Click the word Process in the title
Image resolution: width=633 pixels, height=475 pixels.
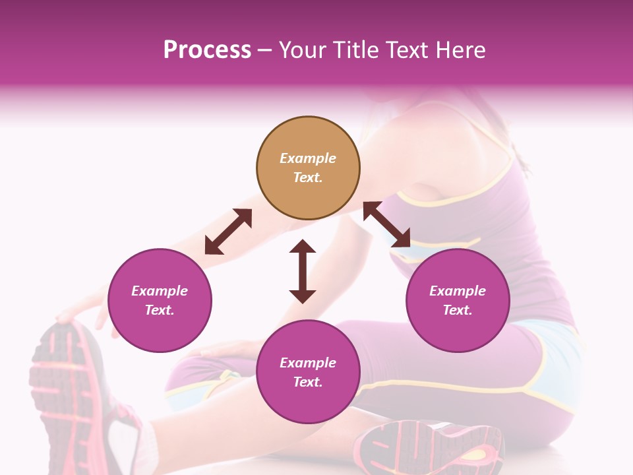click(x=207, y=49)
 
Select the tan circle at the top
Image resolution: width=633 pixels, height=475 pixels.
click(x=308, y=168)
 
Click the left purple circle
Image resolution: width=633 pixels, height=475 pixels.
click(x=160, y=300)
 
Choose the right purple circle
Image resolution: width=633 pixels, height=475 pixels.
click(x=458, y=300)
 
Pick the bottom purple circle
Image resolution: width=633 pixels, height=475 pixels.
click(x=308, y=372)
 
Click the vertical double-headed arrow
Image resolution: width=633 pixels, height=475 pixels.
click(x=303, y=271)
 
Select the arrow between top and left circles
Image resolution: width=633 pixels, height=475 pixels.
click(x=228, y=232)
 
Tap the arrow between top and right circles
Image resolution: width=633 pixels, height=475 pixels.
click(x=387, y=224)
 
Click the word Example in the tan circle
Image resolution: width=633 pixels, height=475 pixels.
click(x=308, y=158)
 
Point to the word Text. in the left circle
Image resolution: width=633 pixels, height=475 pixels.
click(x=160, y=310)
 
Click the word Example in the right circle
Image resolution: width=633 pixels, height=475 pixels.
click(x=458, y=291)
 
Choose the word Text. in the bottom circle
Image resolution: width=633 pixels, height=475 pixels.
click(x=308, y=382)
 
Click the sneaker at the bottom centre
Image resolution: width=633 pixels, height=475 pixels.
click(x=422, y=449)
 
